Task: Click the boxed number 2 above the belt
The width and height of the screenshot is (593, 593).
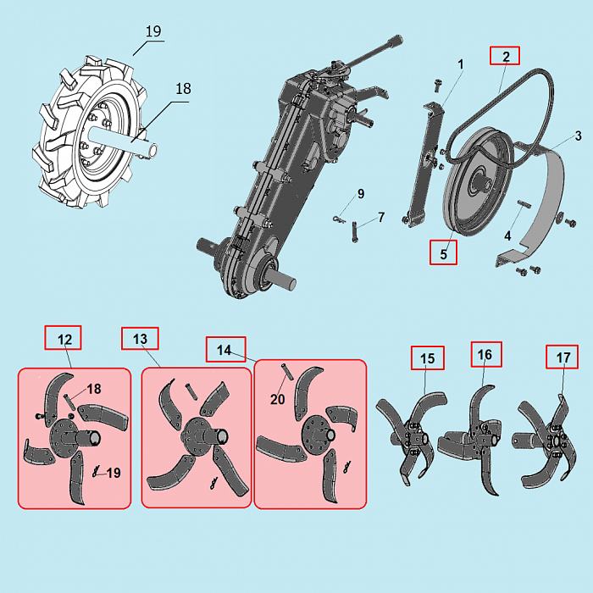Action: (505, 56)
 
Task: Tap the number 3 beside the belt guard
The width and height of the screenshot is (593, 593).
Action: (579, 136)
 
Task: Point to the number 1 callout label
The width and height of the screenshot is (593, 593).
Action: (461, 64)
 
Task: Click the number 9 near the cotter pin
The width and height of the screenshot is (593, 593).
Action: (361, 194)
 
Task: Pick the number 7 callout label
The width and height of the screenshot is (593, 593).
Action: (381, 217)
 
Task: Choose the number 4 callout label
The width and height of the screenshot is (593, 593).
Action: (508, 236)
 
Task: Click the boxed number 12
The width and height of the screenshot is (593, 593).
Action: (64, 338)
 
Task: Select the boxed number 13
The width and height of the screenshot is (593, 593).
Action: (140, 339)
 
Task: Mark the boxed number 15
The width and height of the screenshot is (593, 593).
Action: (428, 357)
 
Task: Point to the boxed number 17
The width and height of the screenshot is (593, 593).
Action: (562, 357)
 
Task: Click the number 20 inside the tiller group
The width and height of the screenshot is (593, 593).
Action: (278, 399)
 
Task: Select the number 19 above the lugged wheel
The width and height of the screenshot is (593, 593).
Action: (153, 31)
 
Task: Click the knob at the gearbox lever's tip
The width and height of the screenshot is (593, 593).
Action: (395, 41)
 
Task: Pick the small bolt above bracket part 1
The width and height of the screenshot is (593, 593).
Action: (438, 85)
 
